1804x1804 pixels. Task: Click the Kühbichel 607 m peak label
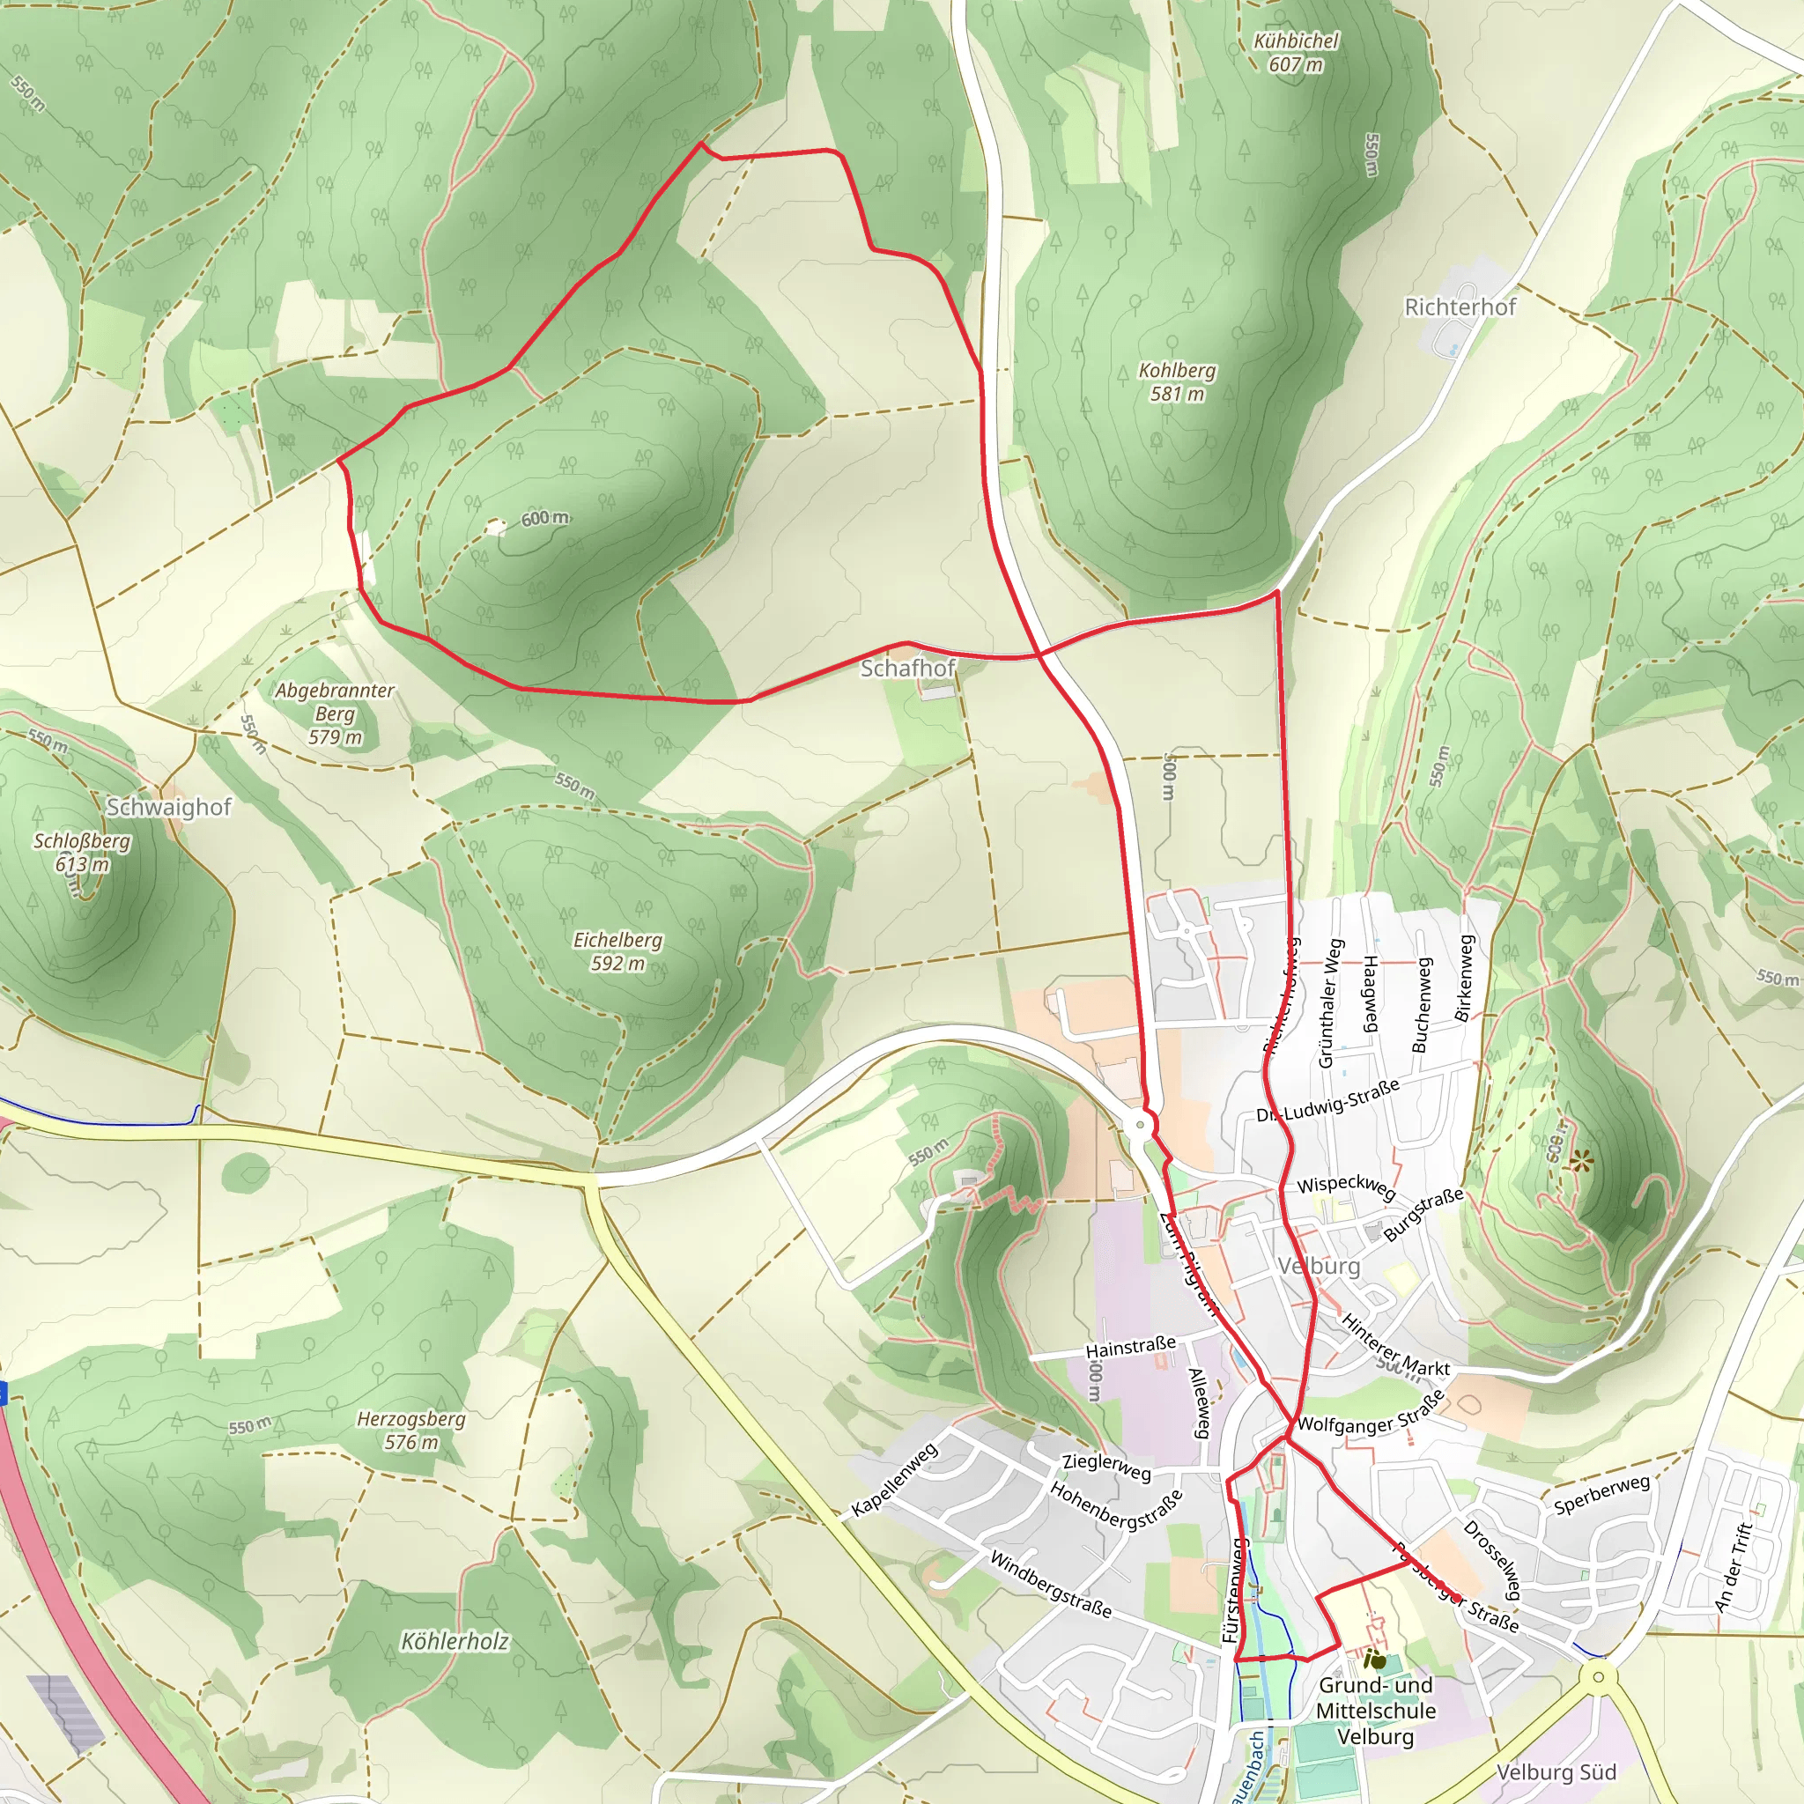tap(1295, 52)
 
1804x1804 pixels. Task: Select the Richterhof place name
tap(1460, 307)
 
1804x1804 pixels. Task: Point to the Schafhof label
tap(907, 668)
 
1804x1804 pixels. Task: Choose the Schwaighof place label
tap(169, 807)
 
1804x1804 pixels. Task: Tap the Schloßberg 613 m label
tap(82, 852)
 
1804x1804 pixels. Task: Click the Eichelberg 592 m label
tap(617, 950)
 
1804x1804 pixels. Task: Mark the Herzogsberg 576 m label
tap(410, 1430)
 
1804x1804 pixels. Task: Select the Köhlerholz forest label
tap(455, 1640)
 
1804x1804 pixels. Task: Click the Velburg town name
tap(1319, 1266)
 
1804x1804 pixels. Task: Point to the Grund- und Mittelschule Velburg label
tap(1375, 1710)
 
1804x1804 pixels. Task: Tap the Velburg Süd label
tap(1556, 1771)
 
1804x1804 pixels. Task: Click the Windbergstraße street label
tap(1051, 1584)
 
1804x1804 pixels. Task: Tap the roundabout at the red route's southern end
tap(1138, 1125)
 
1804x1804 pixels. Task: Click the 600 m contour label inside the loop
tap(544, 518)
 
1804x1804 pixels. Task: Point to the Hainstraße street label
tap(1130, 1347)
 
